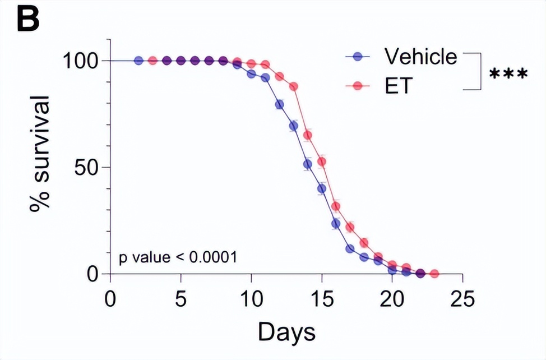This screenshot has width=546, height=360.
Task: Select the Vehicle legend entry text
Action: pos(420,57)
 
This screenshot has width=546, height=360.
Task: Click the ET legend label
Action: pos(397,86)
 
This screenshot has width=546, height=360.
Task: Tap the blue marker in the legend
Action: pos(358,57)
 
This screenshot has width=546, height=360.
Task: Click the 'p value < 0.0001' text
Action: pos(177,258)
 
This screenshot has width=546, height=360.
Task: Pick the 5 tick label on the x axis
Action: pos(181,298)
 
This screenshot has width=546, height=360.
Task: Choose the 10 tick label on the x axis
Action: pos(251,298)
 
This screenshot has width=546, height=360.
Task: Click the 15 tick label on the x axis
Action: pos(322,298)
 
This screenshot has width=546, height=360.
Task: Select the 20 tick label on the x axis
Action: pos(392,298)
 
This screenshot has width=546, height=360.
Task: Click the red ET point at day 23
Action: pos(434,274)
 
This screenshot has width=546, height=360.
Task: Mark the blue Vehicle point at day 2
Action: pos(138,61)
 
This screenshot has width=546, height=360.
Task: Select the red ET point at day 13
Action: pos(294,87)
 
